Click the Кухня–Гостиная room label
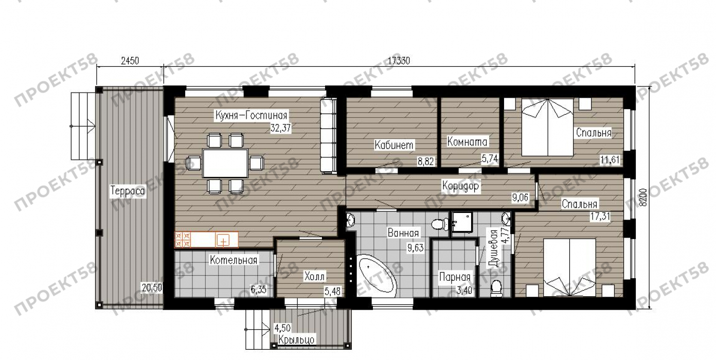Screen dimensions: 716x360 pos(251,115)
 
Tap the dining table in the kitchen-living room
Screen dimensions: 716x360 pos(225,163)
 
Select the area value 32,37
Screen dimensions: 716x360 pos(281,128)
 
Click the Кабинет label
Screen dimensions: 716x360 pos(394,145)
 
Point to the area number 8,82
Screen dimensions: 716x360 pos(426,161)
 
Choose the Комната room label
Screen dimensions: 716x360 pos(467,141)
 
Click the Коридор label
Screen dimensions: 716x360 pos(460,186)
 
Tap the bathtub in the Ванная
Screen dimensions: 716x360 pos(378,274)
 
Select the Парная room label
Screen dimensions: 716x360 pos(455,277)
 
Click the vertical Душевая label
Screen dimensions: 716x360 pos(493,248)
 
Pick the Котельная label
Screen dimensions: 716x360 pos(234,260)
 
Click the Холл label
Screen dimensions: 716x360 pos(314,277)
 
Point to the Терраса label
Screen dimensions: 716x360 pos(128,191)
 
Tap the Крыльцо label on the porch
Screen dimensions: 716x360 pos(296,340)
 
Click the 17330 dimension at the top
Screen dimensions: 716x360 pos(399,61)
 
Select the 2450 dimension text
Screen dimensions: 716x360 pos(130,61)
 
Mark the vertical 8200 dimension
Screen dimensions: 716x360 pos(644,197)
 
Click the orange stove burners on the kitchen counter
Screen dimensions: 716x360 pos(183,240)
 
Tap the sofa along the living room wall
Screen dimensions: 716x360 pos(328,136)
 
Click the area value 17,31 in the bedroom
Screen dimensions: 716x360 pos(600,217)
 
